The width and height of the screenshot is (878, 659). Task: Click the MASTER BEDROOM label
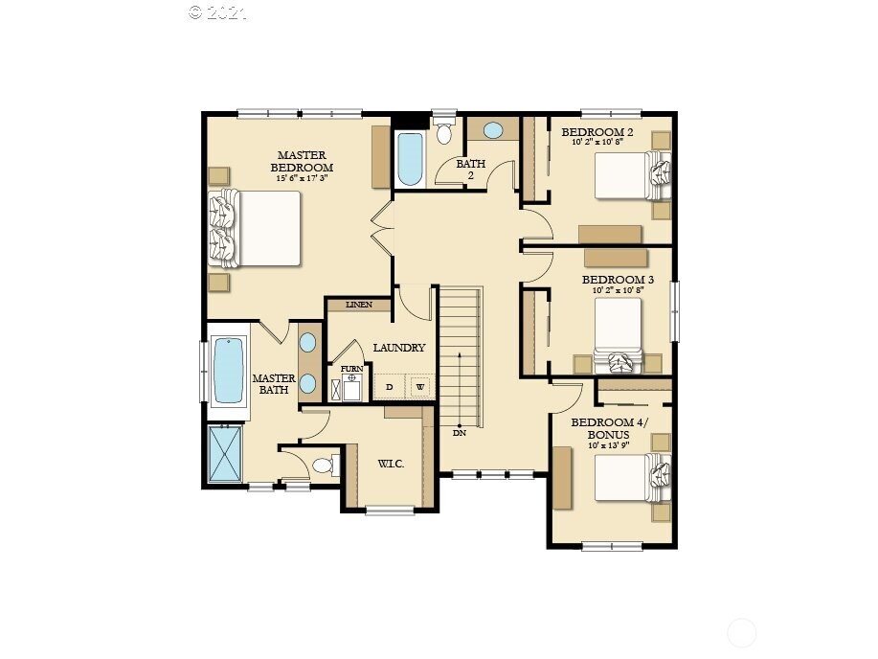tap(302, 161)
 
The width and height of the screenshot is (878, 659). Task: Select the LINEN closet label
tap(359, 306)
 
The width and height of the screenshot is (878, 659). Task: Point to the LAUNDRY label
tap(398, 348)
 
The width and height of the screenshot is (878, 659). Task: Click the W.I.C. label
tap(390, 464)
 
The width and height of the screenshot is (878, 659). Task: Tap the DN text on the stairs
tap(460, 433)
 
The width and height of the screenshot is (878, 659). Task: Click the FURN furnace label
tap(351, 369)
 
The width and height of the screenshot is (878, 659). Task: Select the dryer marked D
tap(389, 387)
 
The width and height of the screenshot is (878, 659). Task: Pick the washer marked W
tap(419, 387)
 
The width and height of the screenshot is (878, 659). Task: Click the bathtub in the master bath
tap(229, 371)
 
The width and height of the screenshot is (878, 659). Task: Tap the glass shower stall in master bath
tap(227, 453)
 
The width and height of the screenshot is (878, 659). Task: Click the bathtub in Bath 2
tap(409, 159)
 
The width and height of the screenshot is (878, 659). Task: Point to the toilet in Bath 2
tap(443, 132)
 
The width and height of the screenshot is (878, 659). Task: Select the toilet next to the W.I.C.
tap(323, 466)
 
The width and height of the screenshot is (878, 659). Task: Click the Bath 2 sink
tap(492, 130)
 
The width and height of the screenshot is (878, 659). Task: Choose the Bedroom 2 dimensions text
tap(598, 142)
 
